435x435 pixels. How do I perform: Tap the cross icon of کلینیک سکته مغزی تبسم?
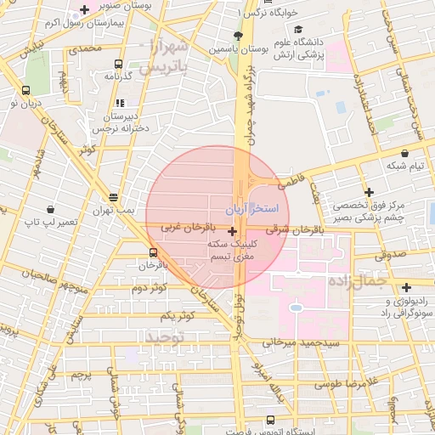tap(232, 230)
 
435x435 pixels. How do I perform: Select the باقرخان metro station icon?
tap(153, 252)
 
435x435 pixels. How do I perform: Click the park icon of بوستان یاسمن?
tap(237, 36)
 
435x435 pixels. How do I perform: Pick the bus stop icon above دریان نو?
tap(25, 90)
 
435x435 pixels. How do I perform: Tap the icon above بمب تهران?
tap(113, 196)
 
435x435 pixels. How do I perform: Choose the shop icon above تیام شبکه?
tap(404, 153)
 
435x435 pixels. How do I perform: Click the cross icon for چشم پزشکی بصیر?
tap(368, 192)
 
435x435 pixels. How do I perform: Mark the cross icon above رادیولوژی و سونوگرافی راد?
tap(406, 287)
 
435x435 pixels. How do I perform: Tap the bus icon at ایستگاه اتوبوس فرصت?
tap(270, 420)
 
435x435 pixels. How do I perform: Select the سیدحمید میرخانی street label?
tap(301, 342)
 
